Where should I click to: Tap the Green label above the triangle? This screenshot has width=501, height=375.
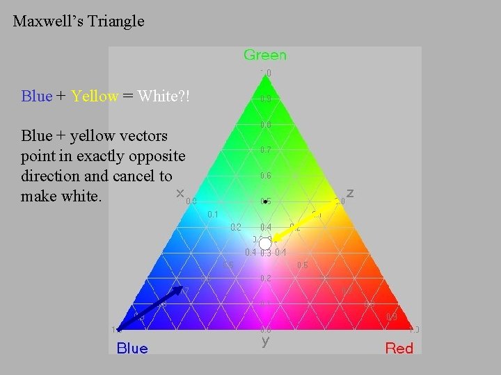(264, 55)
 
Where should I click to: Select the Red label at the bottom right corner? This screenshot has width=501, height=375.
(399, 348)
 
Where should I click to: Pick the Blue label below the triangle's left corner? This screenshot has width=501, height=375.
(132, 348)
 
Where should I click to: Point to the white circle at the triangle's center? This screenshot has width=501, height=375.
(265, 244)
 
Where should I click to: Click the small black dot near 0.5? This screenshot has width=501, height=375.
(265, 201)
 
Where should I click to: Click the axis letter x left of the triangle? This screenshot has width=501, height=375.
(180, 192)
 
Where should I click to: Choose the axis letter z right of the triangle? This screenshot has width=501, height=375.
(350, 192)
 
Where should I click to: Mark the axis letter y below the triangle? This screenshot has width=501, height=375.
(265, 341)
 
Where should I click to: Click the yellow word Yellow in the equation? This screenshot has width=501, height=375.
(95, 96)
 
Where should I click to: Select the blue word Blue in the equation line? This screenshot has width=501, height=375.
(36, 96)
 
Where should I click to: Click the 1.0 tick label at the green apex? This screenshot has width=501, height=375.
(266, 72)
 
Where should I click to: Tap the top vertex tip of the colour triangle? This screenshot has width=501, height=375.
(265, 79)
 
